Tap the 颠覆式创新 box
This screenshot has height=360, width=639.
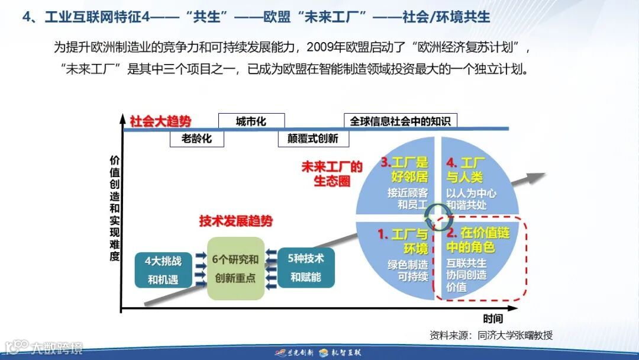point(313,139)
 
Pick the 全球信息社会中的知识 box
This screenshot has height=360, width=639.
point(400,121)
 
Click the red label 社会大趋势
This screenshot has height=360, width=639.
point(161,121)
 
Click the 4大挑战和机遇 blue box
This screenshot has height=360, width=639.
point(163,269)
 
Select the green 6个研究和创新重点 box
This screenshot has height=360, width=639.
point(235,268)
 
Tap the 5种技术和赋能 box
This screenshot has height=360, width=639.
point(306,268)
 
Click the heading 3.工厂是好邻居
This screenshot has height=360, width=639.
point(404,169)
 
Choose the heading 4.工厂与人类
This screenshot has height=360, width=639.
point(465,169)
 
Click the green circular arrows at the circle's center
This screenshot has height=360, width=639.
point(438,211)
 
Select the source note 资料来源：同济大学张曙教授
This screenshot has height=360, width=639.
point(491,335)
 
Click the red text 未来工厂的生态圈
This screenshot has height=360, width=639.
point(332,173)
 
